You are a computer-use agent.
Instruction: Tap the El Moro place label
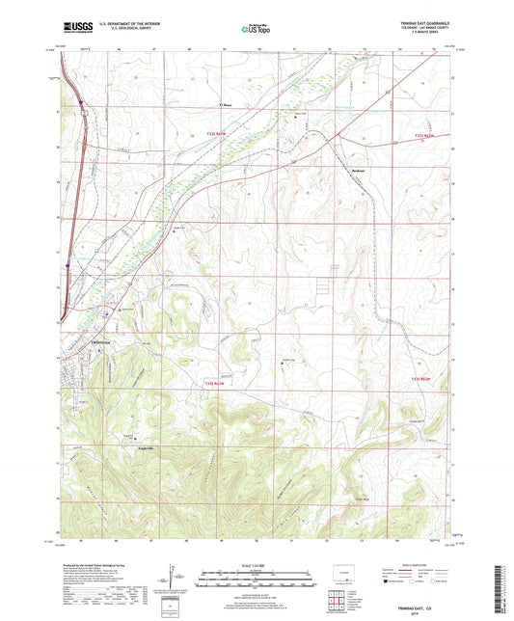228,105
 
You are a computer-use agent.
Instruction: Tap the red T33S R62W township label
425,380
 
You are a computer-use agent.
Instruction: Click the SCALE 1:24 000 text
257,566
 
